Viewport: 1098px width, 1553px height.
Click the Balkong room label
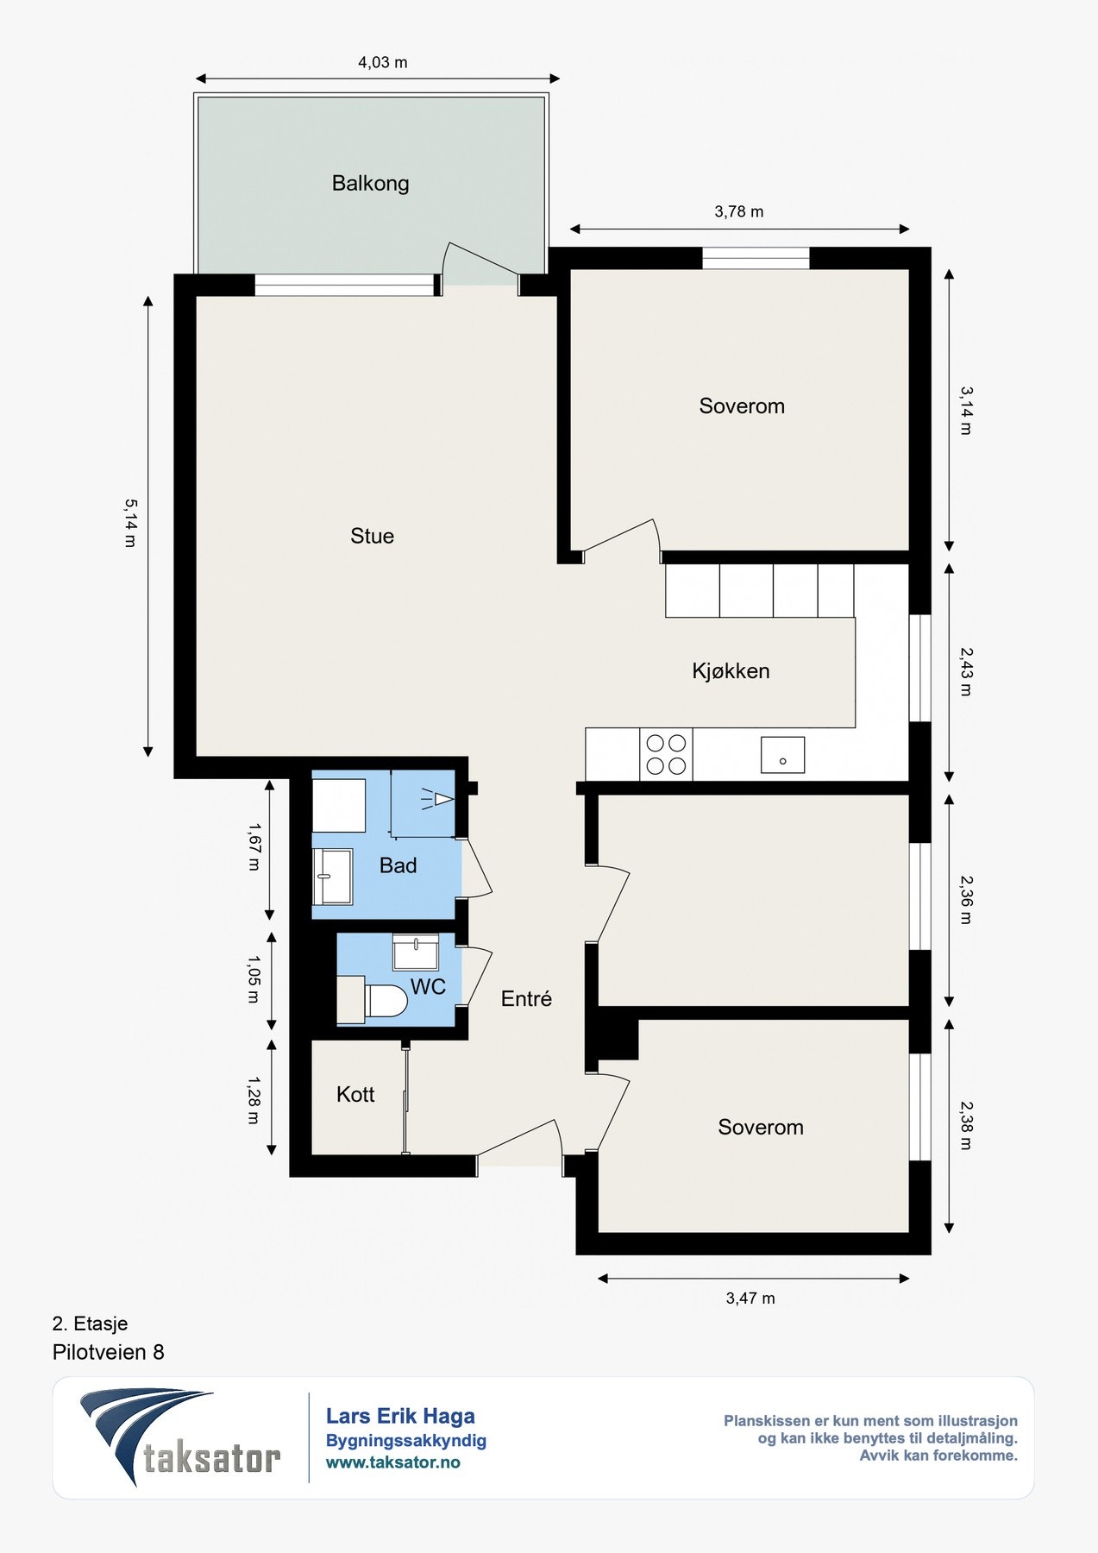(370, 183)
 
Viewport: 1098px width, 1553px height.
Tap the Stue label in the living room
(372, 536)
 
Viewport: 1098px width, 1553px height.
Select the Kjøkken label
(731, 670)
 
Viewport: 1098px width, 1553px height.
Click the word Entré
(526, 998)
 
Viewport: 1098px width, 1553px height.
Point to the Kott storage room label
(355, 1094)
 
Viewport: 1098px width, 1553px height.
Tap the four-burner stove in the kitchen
(666, 754)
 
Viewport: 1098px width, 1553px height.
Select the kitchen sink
(782, 755)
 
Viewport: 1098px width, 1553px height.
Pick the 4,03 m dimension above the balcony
(383, 62)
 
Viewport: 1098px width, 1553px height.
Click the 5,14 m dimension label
(129, 523)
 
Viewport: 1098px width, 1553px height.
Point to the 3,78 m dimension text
(739, 211)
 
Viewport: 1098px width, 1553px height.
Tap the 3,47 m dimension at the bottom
(750, 1298)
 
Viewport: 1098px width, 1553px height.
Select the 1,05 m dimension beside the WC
(253, 979)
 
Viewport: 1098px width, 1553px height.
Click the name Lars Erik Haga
(400, 1416)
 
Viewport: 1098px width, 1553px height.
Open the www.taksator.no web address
(392, 1462)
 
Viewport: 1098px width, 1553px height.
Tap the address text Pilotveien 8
(109, 1352)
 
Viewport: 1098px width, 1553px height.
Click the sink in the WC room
(416, 952)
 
